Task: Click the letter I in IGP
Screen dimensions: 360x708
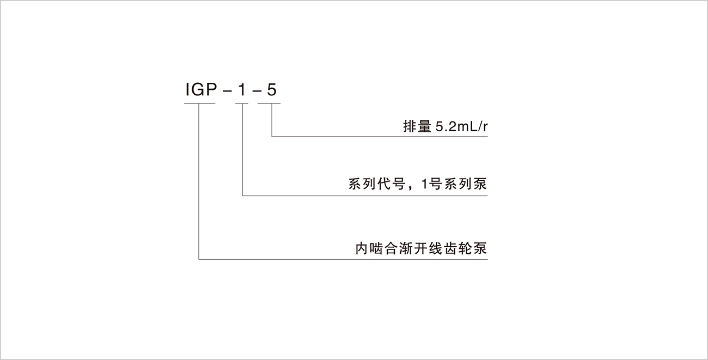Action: click(x=187, y=91)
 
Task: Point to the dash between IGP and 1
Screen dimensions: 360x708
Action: click(x=224, y=91)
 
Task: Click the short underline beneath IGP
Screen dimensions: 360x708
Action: click(x=199, y=103)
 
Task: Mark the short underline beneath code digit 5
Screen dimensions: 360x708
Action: click(x=269, y=103)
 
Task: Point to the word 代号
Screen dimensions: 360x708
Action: click(x=390, y=184)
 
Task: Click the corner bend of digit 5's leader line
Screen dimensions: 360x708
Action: click(x=271, y=137)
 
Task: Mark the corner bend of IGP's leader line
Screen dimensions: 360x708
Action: click(x=199, y=259)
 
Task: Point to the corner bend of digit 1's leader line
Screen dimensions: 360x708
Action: click(x=242, y=195)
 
